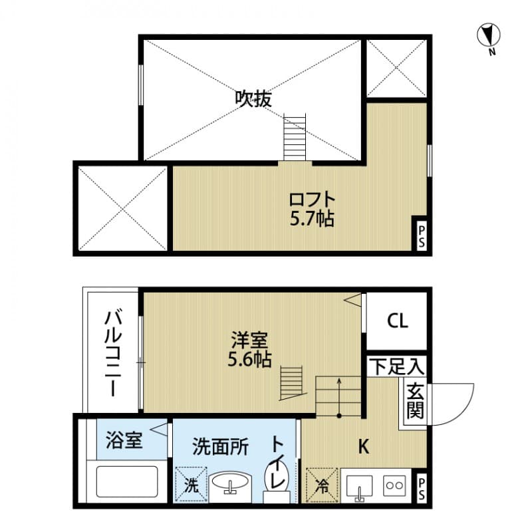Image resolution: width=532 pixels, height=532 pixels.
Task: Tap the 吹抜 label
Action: click(253, 98)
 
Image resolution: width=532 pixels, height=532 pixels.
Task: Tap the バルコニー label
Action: click(110, 353)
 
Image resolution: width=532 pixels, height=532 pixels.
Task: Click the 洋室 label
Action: click(249, 341)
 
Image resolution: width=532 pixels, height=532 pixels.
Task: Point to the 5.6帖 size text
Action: click(249, 360)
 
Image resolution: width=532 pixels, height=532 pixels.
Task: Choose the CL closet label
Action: click(398, 321)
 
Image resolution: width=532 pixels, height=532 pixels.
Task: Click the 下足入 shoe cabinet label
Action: click(397, 365)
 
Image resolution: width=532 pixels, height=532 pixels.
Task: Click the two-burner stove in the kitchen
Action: click(398, 485)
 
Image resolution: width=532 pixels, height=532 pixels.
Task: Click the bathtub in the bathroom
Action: click(126, 481)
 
